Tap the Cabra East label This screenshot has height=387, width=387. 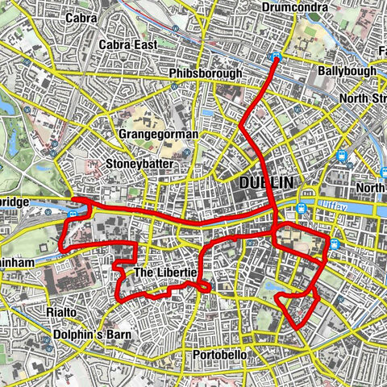click(127, 45)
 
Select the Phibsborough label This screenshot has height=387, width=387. click(206, 73)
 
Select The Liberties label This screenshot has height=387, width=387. click(164, 273)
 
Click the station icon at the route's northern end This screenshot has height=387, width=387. click(276, 58)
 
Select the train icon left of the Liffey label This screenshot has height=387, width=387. click(302, 207)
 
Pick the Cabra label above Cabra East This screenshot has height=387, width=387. click(106, 17)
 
